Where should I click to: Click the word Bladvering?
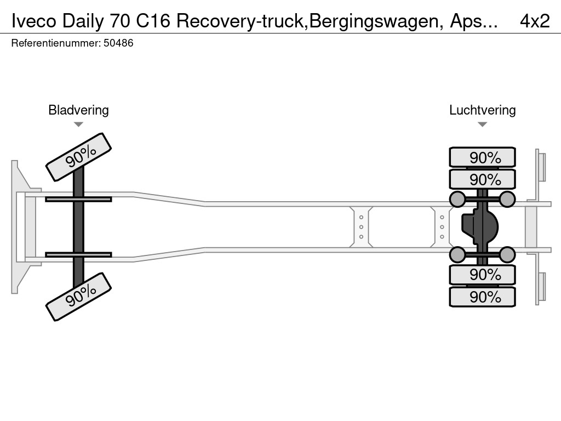(78, 110)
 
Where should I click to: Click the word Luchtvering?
(482, 110)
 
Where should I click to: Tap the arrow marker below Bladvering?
(78, 124)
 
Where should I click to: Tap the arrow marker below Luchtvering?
(482, 124)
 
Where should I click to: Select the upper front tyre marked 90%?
(78, 157)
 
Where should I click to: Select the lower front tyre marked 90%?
(78, 296)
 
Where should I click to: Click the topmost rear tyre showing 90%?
(482, 157)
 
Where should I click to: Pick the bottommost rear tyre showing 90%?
(482, 297)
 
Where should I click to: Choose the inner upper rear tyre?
(482, 179)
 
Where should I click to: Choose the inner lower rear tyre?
(482, 274)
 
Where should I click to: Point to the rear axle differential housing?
(482, 226)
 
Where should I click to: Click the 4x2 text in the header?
(534, 21)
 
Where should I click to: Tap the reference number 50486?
(118, 43)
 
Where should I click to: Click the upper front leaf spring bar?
(78, 199)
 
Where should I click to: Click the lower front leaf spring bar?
(78, 254)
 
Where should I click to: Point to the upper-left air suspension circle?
(457, 199)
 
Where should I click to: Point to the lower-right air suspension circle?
(507, 254)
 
